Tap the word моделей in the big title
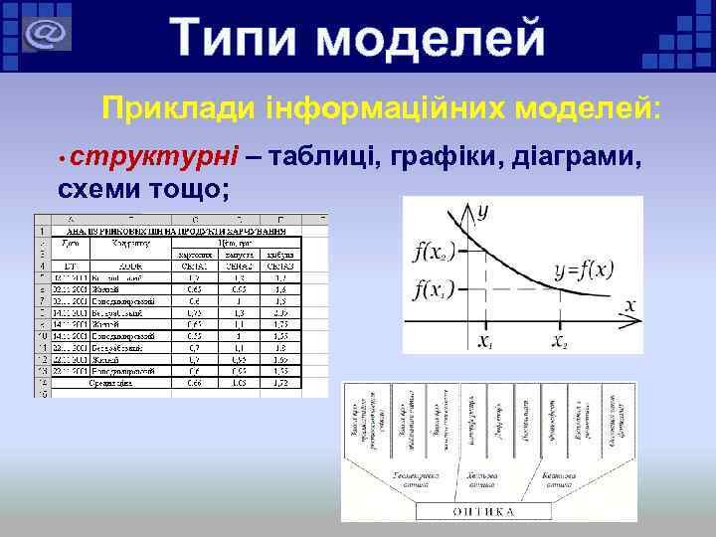[x=435, y=39]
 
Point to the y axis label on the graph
[x=483, y=211]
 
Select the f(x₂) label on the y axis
[x=435, y=252]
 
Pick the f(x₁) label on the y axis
[x=435, y=290]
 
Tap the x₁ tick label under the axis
[x=484, y=341]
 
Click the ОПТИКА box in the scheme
[x=484, y=511]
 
